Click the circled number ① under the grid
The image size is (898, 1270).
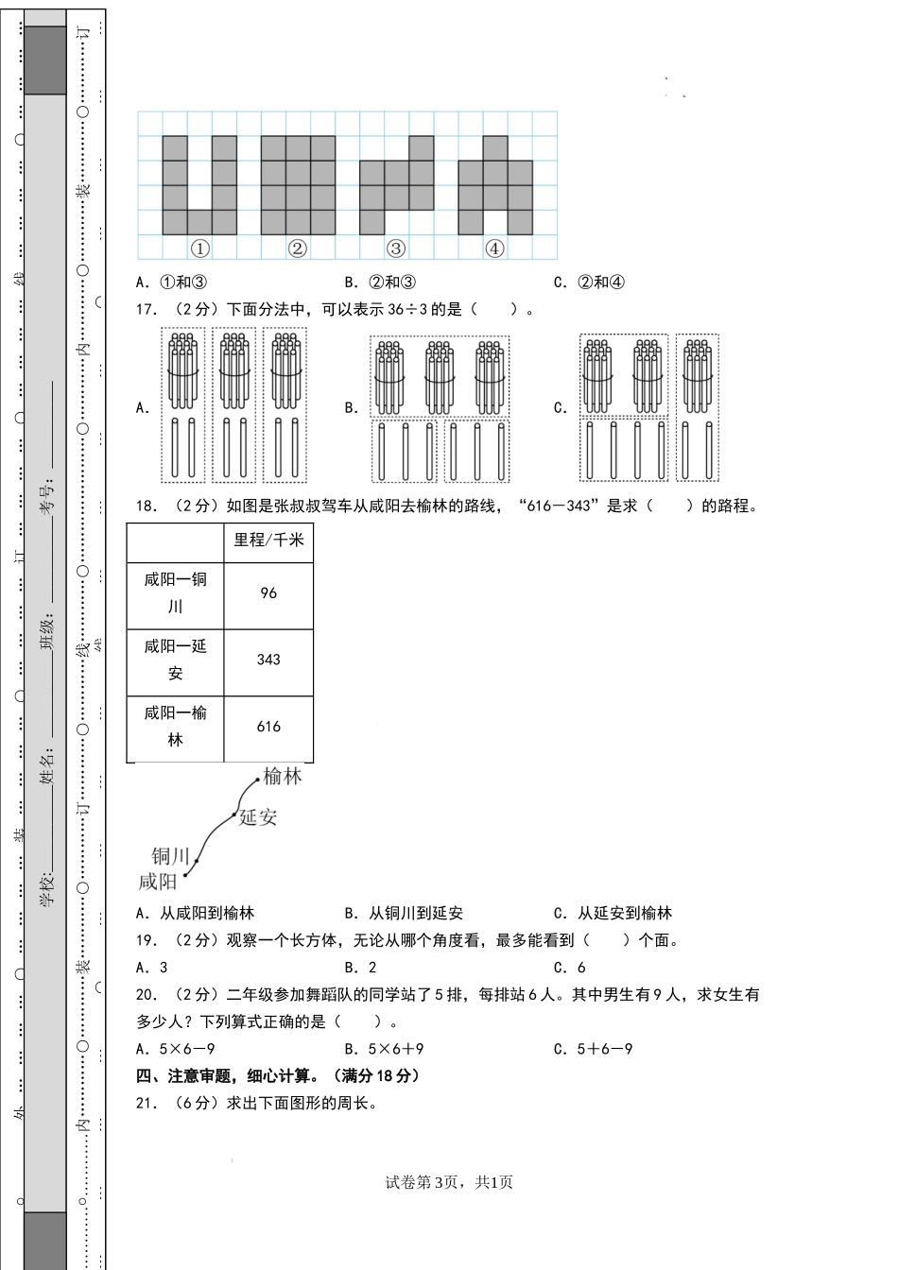tap(199, 249)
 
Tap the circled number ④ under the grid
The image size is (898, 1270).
tap(494, 249)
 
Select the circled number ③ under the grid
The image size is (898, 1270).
tap(396, 249)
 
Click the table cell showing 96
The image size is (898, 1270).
tap(268, 593)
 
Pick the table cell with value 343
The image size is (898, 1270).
tap(268, 660)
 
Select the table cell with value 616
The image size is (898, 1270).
tap(268, 727)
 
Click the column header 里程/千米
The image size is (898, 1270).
tap(268, 540)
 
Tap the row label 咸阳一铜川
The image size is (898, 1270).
tap(176, 592)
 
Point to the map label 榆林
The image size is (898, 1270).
tap(284, 777)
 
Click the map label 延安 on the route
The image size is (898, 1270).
tap(258, 817)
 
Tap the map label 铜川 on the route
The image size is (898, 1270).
tap(171, 856)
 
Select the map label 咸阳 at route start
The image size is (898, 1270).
tap(158, 882)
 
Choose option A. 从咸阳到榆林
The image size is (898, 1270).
tap(196, 913)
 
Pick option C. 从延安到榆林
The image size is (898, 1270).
tap(613, 913)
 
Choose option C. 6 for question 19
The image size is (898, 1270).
tap(570, 967)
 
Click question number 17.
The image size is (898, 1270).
tap(147, 309)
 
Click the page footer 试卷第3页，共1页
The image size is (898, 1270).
tap(449, 1182)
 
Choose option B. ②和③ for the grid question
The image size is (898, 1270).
tap(380, 282)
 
